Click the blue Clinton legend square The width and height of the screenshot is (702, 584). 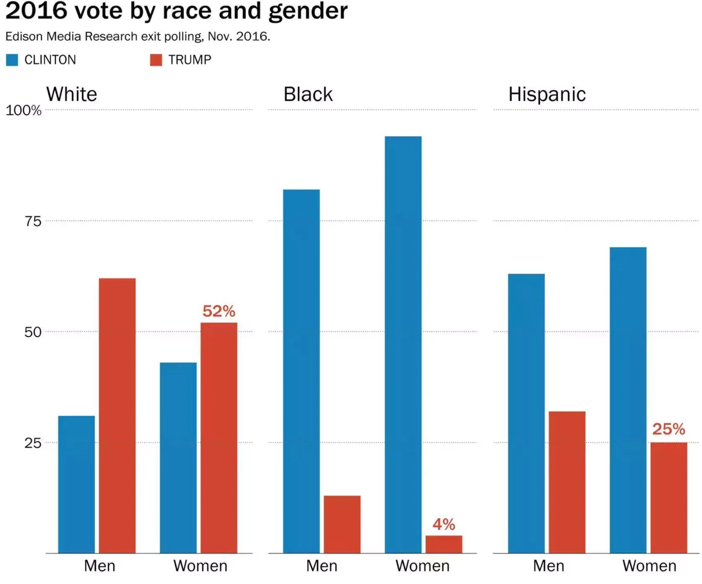(12, 60)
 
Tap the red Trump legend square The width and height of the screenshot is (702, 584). (156, 60)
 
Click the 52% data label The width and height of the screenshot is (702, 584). (219, 311)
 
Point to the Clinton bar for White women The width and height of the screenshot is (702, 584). (178, 458)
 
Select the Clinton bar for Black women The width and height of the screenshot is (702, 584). (403, 345)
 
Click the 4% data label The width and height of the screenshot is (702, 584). (444, 524)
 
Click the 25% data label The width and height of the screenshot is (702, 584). (669, 429)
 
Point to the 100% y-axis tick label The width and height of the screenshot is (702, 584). (23, 110)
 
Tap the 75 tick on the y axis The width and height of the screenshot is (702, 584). (33, 221)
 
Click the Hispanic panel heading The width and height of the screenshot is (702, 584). (547, 95)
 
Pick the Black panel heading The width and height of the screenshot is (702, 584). (308, 95)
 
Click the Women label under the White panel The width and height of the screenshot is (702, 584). (201, 566)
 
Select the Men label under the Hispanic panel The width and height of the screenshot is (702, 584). (548, 566)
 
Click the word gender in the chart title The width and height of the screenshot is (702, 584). (308, 11)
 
